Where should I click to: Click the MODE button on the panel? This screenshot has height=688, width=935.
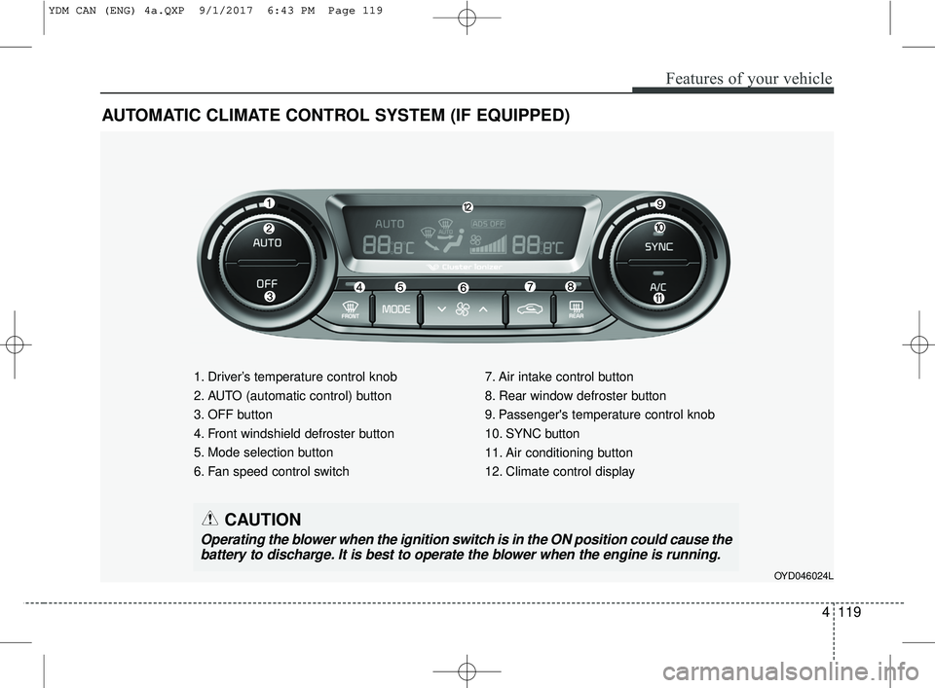coord(396,309)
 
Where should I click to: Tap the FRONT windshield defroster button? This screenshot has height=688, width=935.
coord(351,309)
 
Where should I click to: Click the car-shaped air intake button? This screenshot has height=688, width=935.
coord(530,309)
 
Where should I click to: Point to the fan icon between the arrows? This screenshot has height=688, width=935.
coord(463,309)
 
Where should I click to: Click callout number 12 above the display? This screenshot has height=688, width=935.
coord(467,206)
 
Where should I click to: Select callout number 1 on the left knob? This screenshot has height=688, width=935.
coord(269,203)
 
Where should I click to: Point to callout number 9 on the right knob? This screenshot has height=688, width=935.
coord(659,203)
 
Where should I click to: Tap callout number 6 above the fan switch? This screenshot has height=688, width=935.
coord(464,288)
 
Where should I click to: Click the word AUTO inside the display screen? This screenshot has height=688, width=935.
coord(390,224)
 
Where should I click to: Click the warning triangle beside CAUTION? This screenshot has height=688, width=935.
coord(210,519)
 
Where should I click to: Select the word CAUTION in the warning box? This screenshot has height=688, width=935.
coord(263,520)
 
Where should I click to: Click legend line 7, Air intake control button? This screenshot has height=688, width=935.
coord(559,377)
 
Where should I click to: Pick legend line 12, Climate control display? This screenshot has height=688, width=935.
coord(560,472)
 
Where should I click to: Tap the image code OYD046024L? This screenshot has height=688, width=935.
coord(804,576)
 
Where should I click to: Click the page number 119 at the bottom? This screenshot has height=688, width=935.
coord(849,612)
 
